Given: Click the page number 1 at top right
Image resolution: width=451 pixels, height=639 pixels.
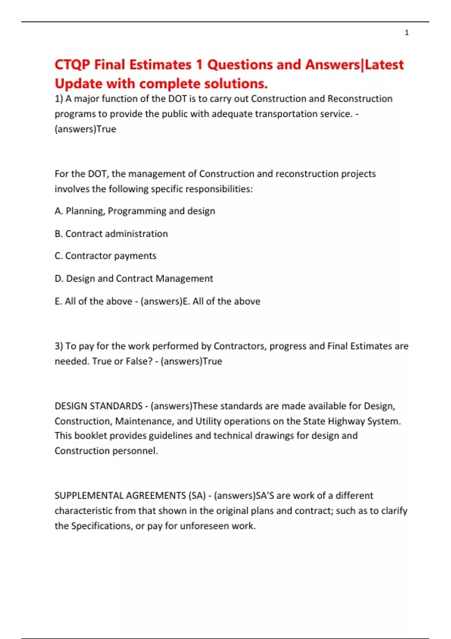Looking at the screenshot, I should tap(407, 33).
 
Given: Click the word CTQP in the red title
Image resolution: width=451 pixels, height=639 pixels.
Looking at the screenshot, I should tap(73, 65).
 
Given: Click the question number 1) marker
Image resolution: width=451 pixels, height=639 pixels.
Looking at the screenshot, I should tap(59, 99).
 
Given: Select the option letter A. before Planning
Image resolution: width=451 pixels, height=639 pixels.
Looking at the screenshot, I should tap(59, 211).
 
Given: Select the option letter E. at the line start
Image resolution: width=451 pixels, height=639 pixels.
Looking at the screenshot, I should tap(58, 301).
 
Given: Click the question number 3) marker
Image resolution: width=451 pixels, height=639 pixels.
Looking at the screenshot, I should tap(59, 346).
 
